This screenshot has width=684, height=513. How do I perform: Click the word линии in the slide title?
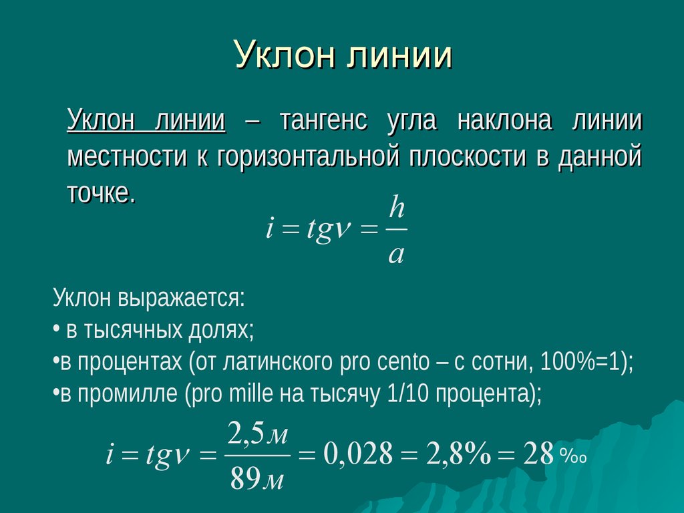click(x=400, y=55)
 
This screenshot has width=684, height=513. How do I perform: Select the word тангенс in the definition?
click(x=323, y=120)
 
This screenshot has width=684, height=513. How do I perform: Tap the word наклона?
click(x=505, y=120)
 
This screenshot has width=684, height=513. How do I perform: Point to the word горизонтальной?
click(x=307, y=156)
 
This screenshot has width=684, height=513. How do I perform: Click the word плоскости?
click(x=468, y=156)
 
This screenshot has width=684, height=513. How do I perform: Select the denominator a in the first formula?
click(x=396, y=254)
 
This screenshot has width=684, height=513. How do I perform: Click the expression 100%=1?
click(x=580, y=361)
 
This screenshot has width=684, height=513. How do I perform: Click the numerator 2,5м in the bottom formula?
click(x=257, y=434)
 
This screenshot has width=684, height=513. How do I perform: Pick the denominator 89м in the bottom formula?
click(x=257, y=478)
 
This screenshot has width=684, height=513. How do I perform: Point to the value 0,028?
click(x=358, y=454)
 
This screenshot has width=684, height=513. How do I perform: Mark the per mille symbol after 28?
click(x=572, y=457)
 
